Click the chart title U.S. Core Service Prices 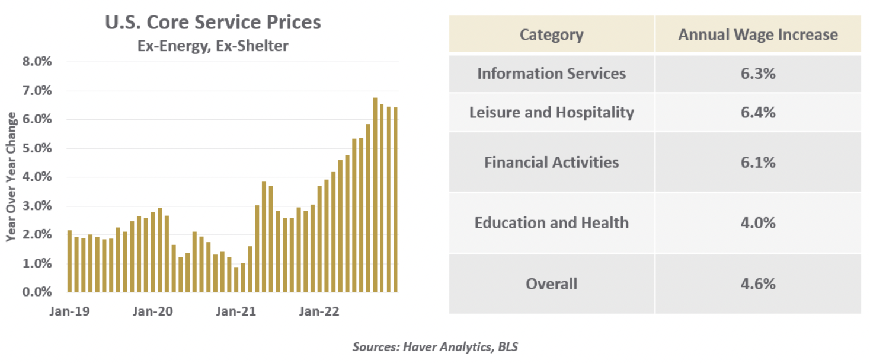(213, 23)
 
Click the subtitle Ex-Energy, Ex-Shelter (213, 45)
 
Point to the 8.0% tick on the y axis (37, 62)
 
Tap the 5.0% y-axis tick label (37, 148)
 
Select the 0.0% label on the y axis (37, 292)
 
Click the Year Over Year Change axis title (11, 177)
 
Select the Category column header (551, 34)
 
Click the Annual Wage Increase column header (758, 34)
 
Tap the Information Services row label (551, 74)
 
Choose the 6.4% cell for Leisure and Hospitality (758, 112)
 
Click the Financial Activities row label (551, 162)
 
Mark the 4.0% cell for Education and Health (758, 222)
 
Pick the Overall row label (551, 284)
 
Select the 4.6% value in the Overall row (758, 284)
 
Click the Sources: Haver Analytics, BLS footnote (435, 346)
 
